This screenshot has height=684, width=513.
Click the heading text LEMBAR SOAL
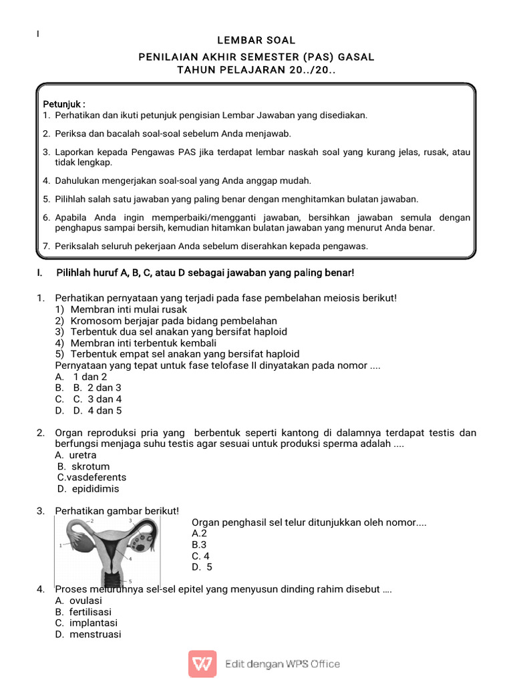coord(256,41)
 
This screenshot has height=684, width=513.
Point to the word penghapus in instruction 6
coord(76,228)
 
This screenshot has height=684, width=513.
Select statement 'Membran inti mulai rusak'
coord(129,309)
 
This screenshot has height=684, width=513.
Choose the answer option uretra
coord(83,455)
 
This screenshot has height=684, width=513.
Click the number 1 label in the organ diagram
coord(61,546)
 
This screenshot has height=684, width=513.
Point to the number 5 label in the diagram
coord(130,580)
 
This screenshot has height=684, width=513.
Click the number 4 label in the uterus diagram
coord(130,558)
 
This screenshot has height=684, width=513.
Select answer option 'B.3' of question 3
coord(199,544)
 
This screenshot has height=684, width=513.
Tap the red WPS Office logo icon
coord(202,664)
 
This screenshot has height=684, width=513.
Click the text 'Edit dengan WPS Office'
coord(283,664)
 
